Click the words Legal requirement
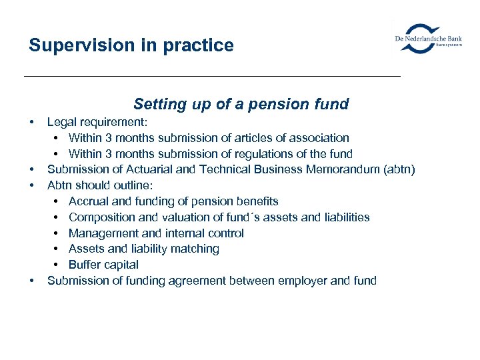click(97, 122)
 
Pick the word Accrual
click(90, 201)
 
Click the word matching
click(195, 249)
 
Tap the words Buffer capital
click(103, 265)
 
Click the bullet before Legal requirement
click(31, 122)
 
